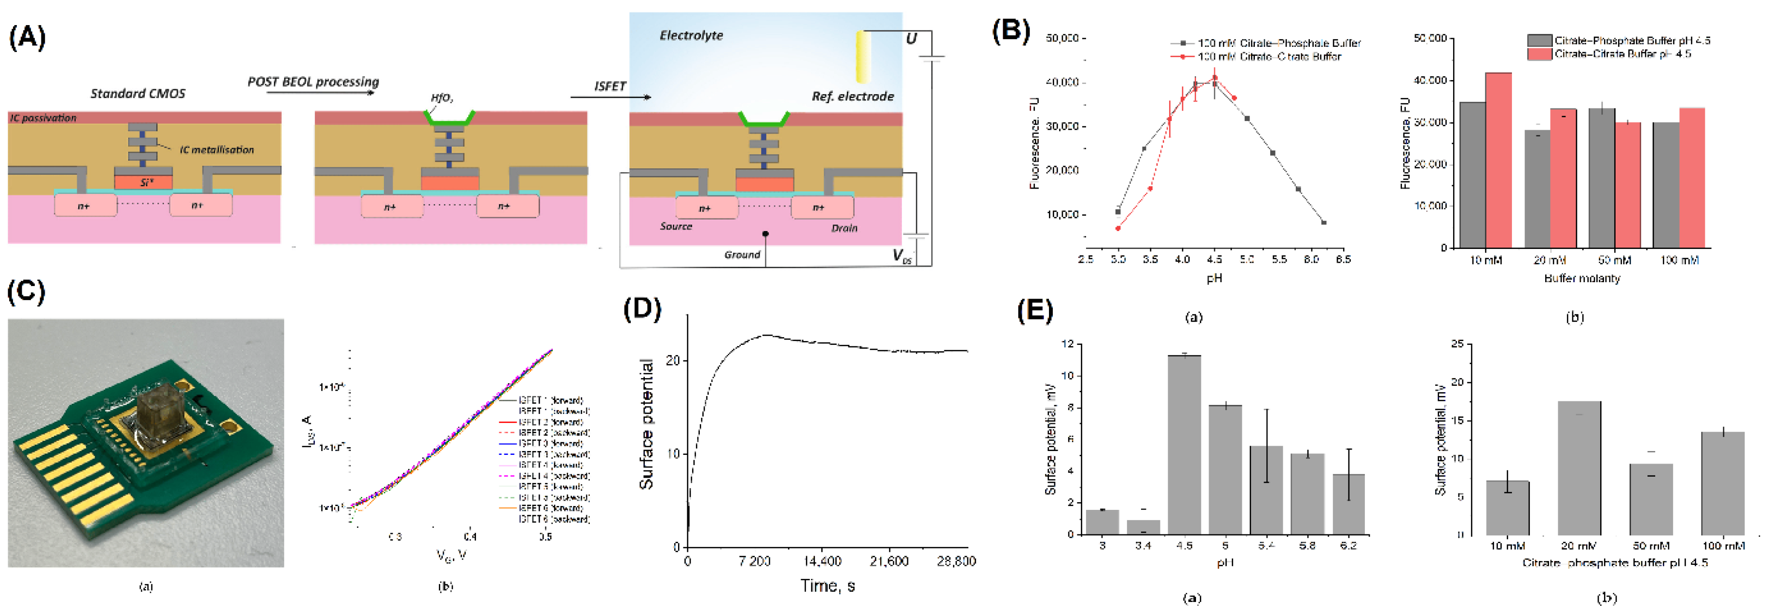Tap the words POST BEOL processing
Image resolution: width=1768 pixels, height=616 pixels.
tap(313, 82)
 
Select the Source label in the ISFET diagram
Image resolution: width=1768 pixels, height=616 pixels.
tap(676, 226)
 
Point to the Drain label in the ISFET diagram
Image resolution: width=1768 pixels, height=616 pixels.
tap(844, 228)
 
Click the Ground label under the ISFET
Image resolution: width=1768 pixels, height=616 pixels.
tap(742, 255)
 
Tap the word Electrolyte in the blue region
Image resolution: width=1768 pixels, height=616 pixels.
tap(691, 35)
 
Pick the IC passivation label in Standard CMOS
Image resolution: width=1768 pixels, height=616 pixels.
tap(42, 118)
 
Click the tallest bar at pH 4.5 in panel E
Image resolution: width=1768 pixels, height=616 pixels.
tap(1184, 444)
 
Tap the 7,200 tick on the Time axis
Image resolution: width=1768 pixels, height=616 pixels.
tap(754, 561)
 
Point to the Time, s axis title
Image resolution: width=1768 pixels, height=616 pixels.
tap(827, 586)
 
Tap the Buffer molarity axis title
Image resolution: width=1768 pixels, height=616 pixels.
tap(1582, 278)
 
